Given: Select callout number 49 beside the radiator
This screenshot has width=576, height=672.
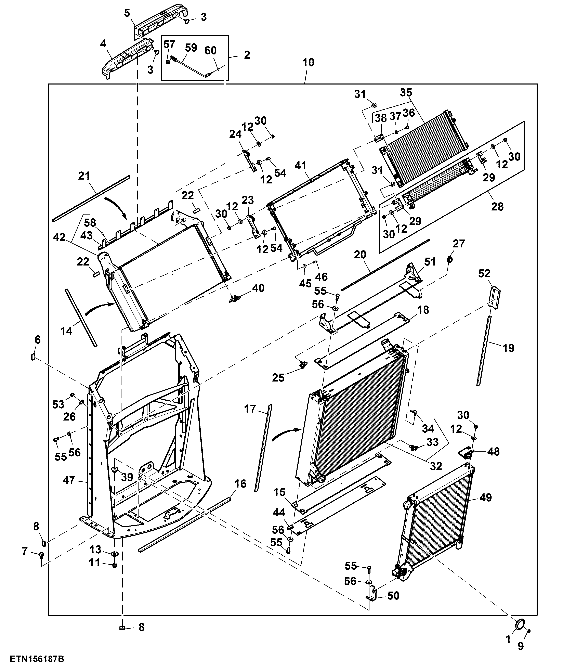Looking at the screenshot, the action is point(485,497).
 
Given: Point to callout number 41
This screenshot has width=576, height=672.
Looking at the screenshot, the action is point(301,165).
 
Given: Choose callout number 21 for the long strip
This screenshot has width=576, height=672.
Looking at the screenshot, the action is point(84,176).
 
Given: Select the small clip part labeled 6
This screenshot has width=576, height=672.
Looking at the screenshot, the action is point(33,357).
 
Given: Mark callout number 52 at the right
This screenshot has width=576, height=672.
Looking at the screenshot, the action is point(484,273).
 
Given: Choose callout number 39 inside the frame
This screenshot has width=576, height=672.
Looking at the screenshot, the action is point(127,477).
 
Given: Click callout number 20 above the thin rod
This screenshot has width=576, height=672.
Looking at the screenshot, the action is point(360,255).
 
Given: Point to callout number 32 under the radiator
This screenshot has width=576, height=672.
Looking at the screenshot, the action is point(436,466).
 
